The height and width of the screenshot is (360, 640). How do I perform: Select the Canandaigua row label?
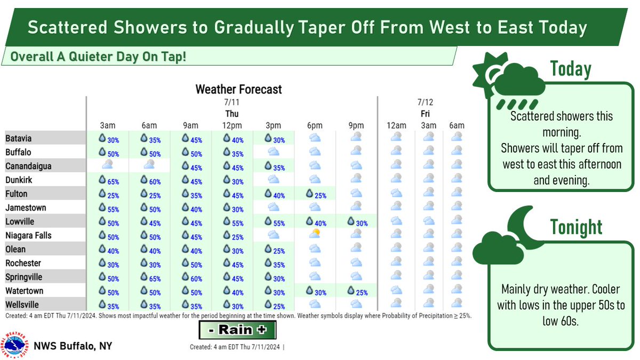[x=29, y=166]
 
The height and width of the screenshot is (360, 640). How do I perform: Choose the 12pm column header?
[x=232, y=126]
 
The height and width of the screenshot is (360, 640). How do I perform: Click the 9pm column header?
[x=356, y=126]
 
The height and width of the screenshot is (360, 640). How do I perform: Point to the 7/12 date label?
[x=425, y=101]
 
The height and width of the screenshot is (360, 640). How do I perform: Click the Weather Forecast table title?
[x=238, y=89]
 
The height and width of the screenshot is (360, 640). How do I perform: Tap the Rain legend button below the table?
[x=238, y=330]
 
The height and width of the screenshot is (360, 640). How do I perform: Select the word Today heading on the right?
[x=571, y=69]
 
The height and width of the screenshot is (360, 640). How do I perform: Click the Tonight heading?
[x=577, y=227]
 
